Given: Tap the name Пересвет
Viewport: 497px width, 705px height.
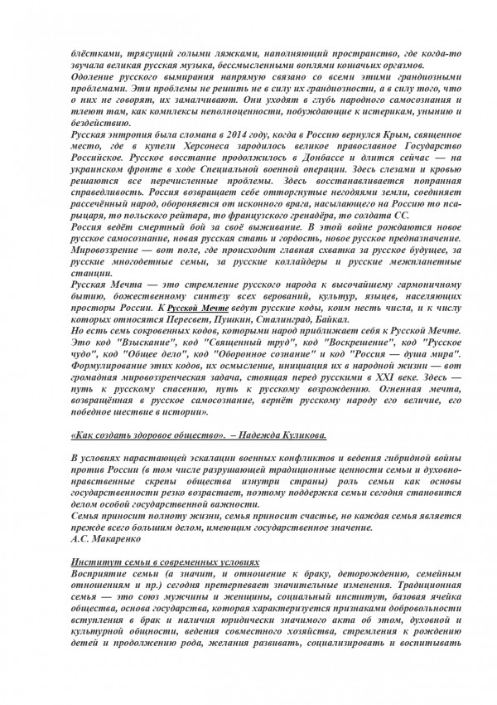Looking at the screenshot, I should click(x=148, y=319).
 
